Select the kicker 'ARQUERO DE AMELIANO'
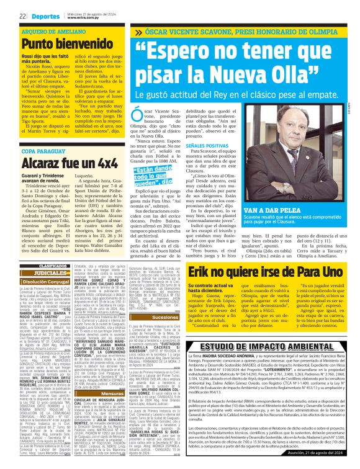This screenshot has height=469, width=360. click(x=50, y=30)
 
